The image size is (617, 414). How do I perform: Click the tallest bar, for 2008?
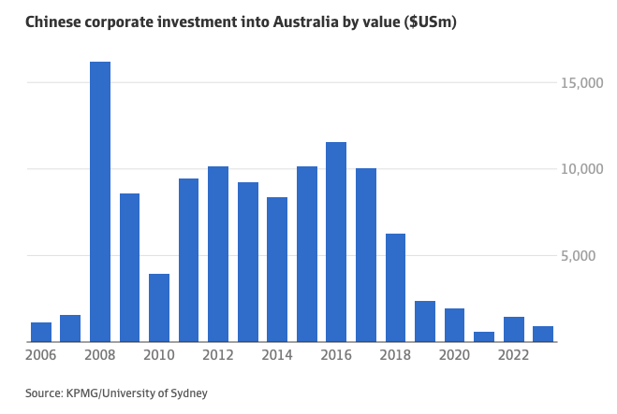[x=100, y=201]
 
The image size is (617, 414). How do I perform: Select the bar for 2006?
[x=41, y=332]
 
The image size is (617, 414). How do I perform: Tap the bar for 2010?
[x=159, y=307]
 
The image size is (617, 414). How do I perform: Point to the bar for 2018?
[x=395, y=287]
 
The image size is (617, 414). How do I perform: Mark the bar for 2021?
[x=484, y=336]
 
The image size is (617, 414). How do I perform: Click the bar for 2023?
[x=543, y=334]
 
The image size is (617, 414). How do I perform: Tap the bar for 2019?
[x=425, y=321]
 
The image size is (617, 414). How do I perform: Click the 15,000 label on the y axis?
[x=580, y=83]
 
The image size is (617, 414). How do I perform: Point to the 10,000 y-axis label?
[x=580, y=169]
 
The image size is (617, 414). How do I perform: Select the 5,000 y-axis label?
[x=584, y=255]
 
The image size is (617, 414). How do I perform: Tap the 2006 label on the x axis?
[x=41, y=356]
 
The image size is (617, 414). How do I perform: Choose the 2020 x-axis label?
[x=454, y=356]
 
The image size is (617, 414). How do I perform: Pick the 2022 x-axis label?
[x=513, y=356]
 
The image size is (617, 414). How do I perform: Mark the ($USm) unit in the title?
[x=430, y=21]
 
